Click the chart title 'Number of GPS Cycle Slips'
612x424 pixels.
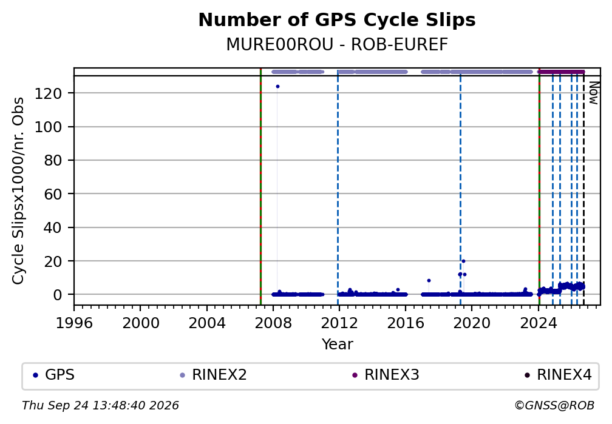coord(337,20)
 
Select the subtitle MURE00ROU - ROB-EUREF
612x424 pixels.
coord(337,45)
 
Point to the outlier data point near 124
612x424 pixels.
coord(277,86)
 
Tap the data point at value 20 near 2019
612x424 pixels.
coord(463,261)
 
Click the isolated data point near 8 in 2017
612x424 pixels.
coord(429,280)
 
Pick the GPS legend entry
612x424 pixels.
coord(54,375)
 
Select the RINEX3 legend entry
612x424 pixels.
coord(386,375)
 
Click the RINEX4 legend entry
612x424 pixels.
coord(559,375)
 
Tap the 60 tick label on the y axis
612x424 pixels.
coord(53,194)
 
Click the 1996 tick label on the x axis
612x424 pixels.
coord(74,323)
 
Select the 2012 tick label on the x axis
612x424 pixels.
coord(339,323)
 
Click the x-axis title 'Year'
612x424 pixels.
coord(337,345)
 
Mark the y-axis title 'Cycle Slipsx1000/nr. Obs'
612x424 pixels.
coord(18,190)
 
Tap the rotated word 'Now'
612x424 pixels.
coord(593,93)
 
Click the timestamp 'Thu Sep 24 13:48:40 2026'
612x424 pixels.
coord(100,406)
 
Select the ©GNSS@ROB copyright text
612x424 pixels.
coord(554,406)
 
